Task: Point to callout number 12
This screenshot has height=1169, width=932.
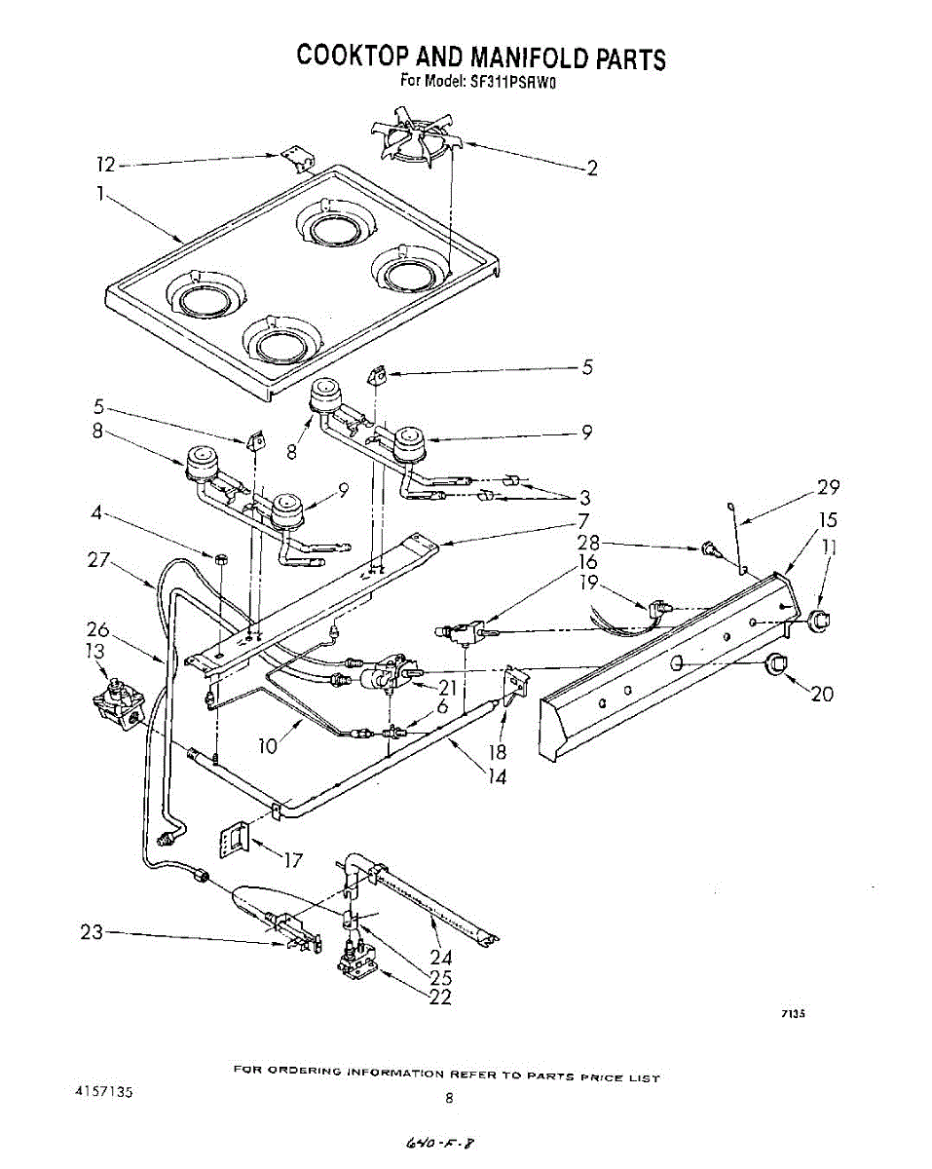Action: [x=104, y=165]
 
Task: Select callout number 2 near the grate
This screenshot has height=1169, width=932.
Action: [x=591, y=168]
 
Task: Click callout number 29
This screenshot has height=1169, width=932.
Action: [x=828, y=487]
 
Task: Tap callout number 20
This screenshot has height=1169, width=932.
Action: [x=822, y=694]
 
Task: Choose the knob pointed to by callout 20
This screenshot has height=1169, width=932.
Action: [x=775, y=663]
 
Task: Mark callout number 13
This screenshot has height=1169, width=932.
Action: [x=94, y=651]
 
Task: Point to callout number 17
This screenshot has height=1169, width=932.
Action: [x=292, y=859]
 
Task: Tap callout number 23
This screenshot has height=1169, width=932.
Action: [x=92, y=932]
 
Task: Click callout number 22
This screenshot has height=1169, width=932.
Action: [x=440, y=998]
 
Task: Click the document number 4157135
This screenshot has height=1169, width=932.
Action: [x=103, y=1092]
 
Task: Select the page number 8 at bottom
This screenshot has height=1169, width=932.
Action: [x=449, y=1098]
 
